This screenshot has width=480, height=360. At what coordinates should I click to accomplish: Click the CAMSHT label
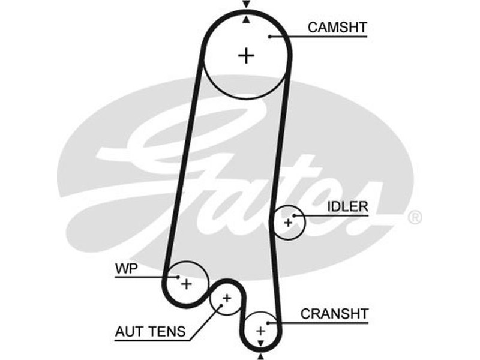tap(337, 27)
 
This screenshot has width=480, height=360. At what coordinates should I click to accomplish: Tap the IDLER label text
tap(347, 206)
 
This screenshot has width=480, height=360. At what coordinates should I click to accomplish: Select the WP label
tap(126, 268)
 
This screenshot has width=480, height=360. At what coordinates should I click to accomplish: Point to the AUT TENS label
tap(151, 331)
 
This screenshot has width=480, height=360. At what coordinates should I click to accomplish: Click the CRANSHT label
tap(334, 314)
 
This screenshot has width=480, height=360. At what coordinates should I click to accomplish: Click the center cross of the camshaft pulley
tap(246, 55)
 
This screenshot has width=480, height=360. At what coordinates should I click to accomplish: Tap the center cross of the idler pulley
tap(288, 223)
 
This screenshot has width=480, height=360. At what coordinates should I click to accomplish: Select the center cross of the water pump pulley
tap(187, 284)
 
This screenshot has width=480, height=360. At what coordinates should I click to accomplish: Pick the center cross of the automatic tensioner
tap(227, 298)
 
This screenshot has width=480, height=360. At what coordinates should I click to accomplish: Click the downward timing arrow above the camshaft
tap(245, 4)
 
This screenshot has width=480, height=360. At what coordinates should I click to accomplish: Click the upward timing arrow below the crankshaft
tap(260, 356)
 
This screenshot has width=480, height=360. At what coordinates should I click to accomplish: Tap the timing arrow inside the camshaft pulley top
tap(245, 19)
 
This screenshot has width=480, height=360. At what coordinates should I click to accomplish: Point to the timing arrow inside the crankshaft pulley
tap(260, 343)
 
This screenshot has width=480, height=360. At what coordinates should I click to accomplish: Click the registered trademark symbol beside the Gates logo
tap(415, 218)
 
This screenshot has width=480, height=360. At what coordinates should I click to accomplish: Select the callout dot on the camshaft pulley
tap(271, 37)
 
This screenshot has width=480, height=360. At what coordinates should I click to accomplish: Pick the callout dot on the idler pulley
tap(294, 215)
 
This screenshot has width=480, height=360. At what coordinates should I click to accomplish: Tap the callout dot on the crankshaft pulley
tap(268, 323)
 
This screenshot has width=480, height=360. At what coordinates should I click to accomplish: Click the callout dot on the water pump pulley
tap(179, 277)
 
